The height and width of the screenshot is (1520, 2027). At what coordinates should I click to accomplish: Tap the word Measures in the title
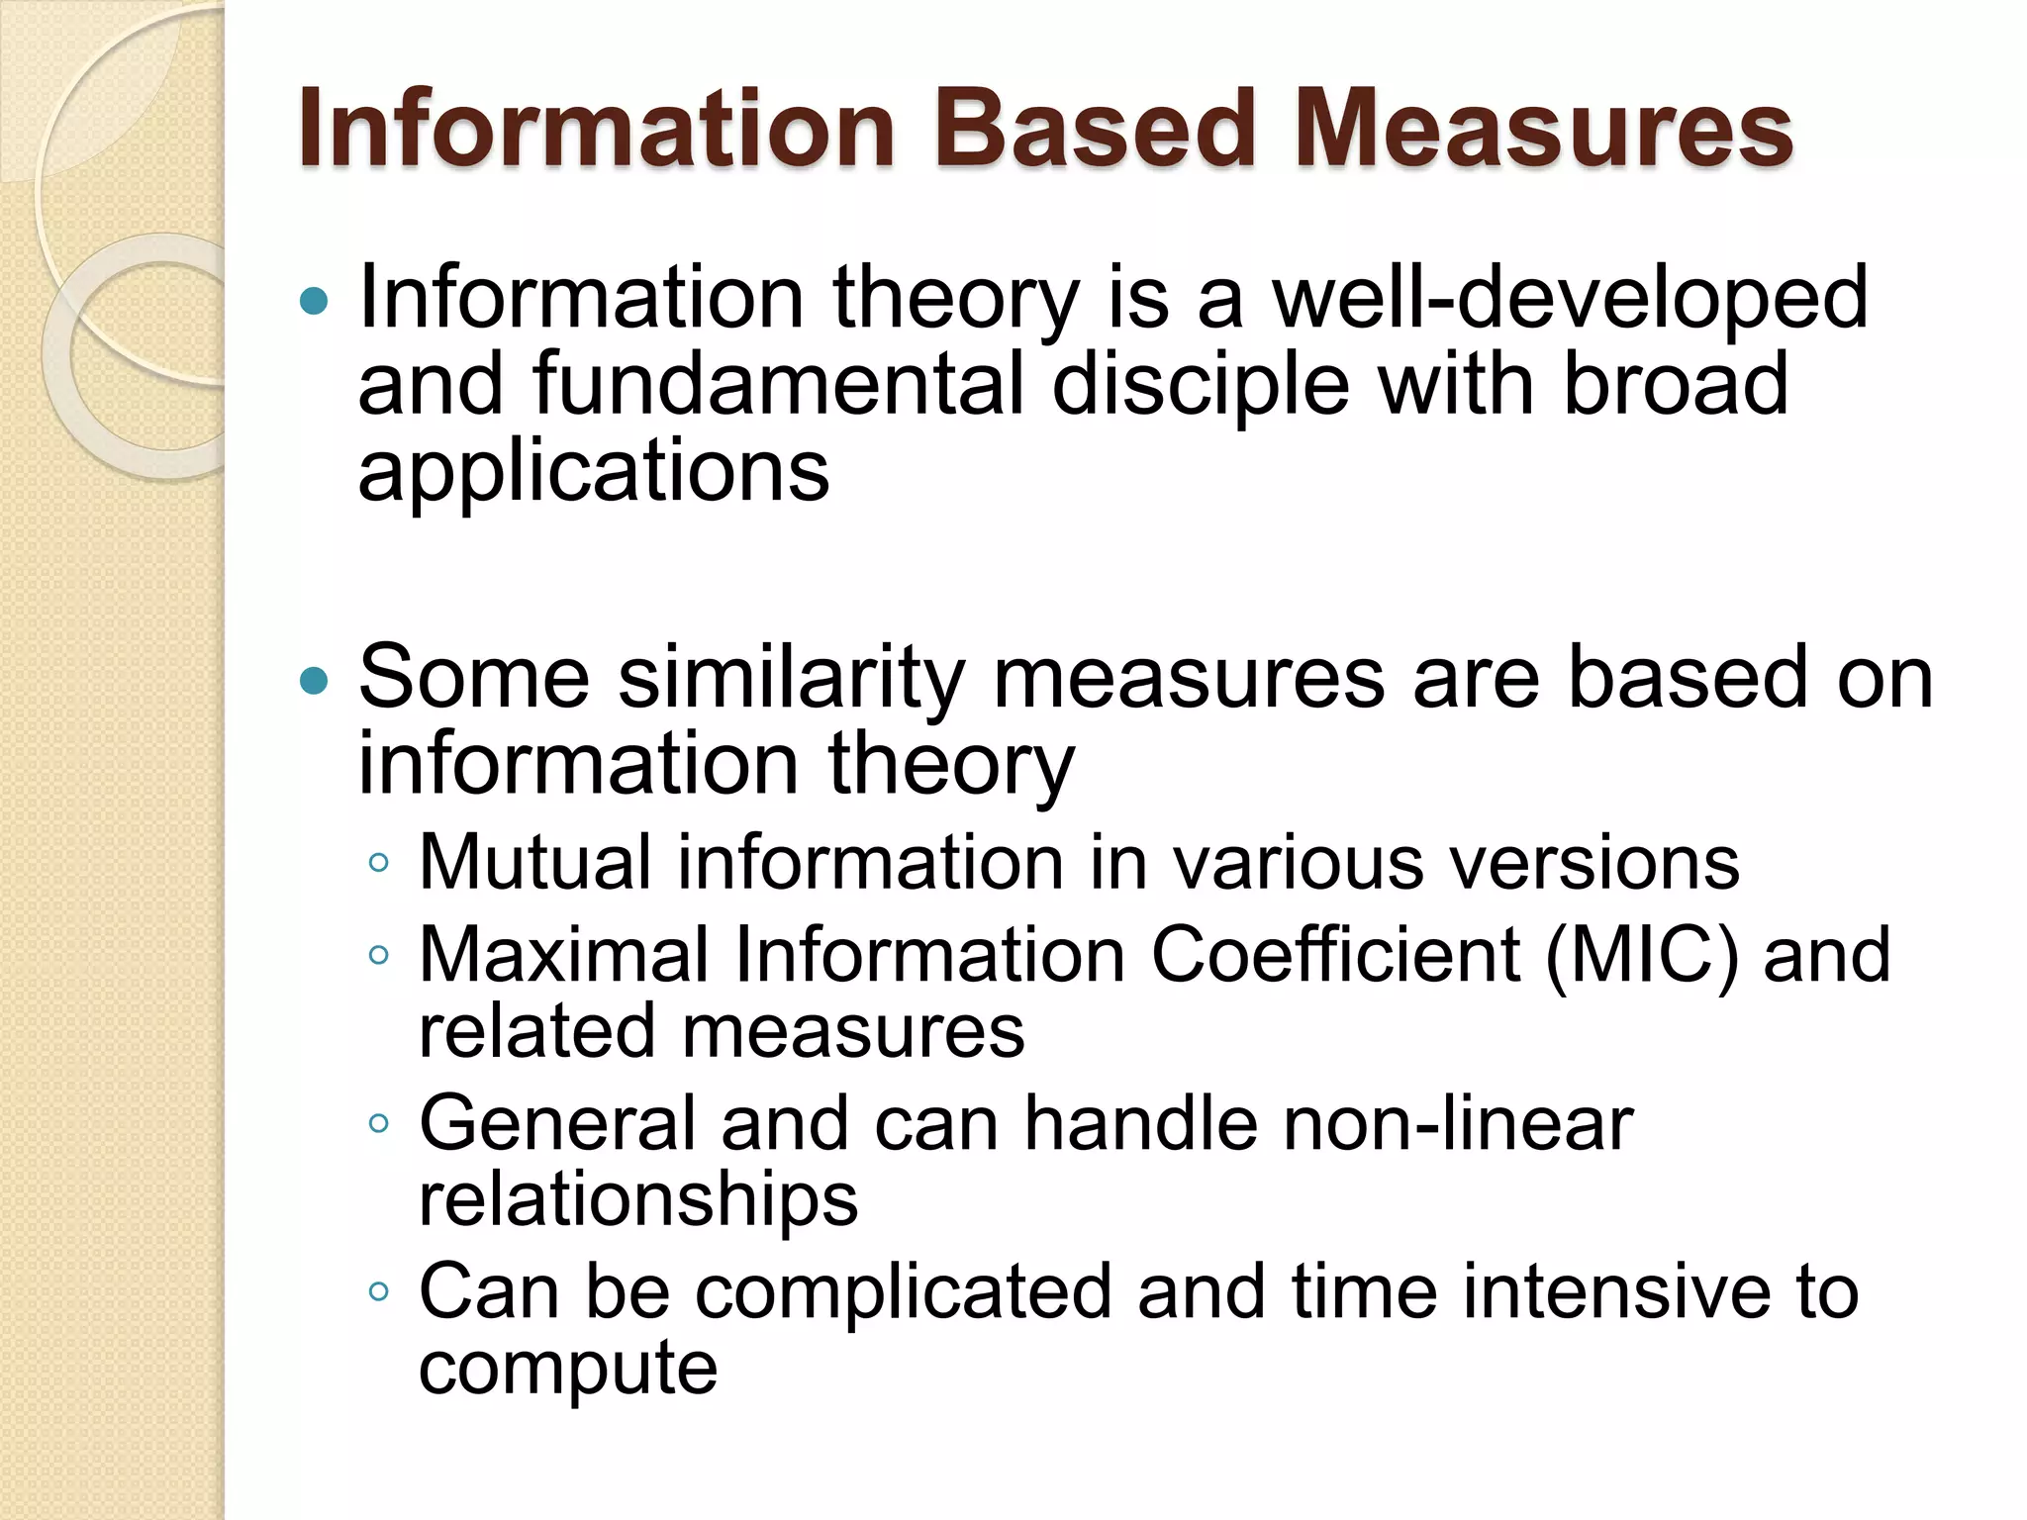(1544, 129)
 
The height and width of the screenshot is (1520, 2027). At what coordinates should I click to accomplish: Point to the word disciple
(1201, 386)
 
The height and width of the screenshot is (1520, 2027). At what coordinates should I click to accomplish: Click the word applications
(593, 473)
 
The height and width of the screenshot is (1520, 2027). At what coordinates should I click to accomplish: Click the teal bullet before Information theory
(314, 301)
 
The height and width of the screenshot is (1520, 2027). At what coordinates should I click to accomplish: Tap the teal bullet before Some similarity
(314, 681)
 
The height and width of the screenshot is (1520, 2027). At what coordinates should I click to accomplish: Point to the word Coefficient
(1335, 955)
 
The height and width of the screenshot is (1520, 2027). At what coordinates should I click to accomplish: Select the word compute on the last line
(568, 1370)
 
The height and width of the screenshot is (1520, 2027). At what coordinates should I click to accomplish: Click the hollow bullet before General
(378, 1123)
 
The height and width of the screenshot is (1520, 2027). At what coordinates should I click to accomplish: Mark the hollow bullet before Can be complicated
(378, 1291)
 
